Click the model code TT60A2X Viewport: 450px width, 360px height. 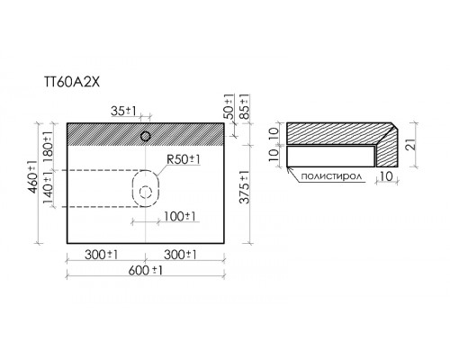(x=72, y=82)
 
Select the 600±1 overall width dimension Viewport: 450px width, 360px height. (x=146, y=271)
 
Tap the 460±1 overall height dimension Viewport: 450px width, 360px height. (x=32, y=176)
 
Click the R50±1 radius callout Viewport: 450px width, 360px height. (x=184, y=159)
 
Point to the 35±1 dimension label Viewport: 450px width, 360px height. (x=123, y=112)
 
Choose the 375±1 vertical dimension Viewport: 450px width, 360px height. (x=245, y=187)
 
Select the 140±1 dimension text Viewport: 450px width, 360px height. (x=48, y=188)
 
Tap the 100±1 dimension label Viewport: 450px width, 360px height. (x=180, y=216)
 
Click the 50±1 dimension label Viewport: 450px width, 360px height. (x=229, y=107)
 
